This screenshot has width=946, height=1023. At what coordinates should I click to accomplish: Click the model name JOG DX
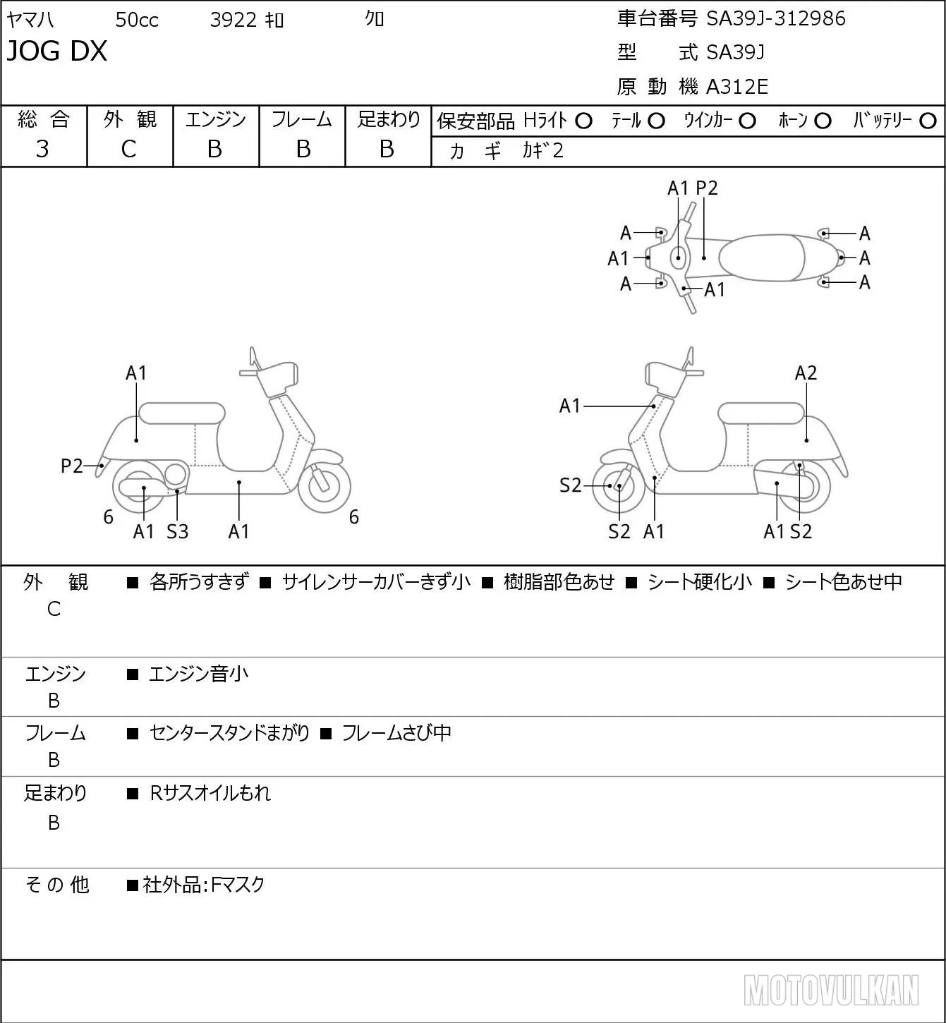(x=56, y=51)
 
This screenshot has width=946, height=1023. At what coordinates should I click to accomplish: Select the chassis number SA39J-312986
(x=775, y=19)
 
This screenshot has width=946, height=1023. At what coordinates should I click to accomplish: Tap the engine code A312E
(x=736, y=87)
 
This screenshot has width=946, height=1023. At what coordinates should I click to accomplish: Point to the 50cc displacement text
(x=137, y=20)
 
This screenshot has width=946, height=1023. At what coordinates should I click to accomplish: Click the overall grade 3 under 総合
(x=42, y=150)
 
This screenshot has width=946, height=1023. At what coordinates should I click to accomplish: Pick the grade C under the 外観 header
(x=128, y=150)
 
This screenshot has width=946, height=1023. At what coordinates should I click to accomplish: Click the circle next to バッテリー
(x=928, y=121)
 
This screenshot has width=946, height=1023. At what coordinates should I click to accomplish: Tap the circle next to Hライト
(x=583, y=121)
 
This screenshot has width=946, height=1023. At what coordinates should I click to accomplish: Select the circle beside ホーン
(x=823, y=121)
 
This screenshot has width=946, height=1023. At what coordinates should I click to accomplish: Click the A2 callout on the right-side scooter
(x=806, y=373)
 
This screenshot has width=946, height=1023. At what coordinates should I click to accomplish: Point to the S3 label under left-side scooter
(x=177, y=531)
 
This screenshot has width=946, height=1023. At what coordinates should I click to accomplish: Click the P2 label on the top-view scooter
(x=706, y=188)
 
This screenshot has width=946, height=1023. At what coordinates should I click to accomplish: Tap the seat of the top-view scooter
(x=762, y=258)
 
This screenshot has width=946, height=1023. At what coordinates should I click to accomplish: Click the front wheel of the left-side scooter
(x=324, y=487)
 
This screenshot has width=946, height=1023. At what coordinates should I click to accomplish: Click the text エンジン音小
(x=198, y=674)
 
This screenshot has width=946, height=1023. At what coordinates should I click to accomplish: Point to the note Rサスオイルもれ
(x=210, y=793)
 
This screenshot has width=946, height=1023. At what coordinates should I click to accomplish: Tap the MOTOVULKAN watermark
(x=831, y=991)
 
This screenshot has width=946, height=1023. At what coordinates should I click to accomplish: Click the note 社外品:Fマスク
(x=204, y=885)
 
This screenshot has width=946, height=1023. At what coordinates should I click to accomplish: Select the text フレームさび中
(x=396, y=732)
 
